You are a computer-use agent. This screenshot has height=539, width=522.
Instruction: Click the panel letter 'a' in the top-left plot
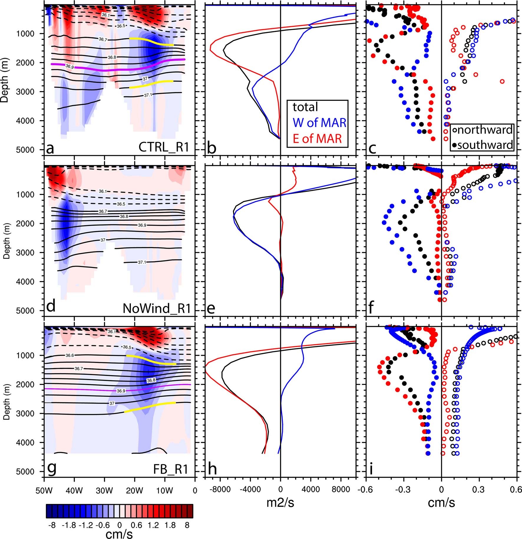(x=50, y=148)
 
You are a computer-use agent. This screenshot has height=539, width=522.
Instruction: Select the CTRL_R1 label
(x=163, y=147)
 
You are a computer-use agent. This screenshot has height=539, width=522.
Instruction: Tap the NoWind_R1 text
(x=156, y=308)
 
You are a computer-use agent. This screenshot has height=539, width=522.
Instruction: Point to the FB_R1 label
(x=171, y=469)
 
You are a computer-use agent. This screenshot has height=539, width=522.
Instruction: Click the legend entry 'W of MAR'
(x=319, y=123)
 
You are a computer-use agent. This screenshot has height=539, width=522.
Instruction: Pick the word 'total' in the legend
(x=305, y=107)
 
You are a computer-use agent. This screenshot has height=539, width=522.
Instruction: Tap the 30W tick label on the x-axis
(x=104, y=491)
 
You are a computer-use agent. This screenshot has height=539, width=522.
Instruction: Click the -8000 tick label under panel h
(x=221, y=490)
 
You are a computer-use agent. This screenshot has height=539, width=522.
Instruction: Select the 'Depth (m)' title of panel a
(x=4, y=80)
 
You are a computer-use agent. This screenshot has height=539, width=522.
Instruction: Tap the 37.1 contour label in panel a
(x=148, y=95)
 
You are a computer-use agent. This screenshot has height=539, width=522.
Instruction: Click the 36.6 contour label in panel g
(x=70, y=356)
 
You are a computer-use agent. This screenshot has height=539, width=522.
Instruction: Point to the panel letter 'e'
(x=211, y=308)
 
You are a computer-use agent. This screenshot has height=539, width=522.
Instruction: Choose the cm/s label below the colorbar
(x=119, y=534)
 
